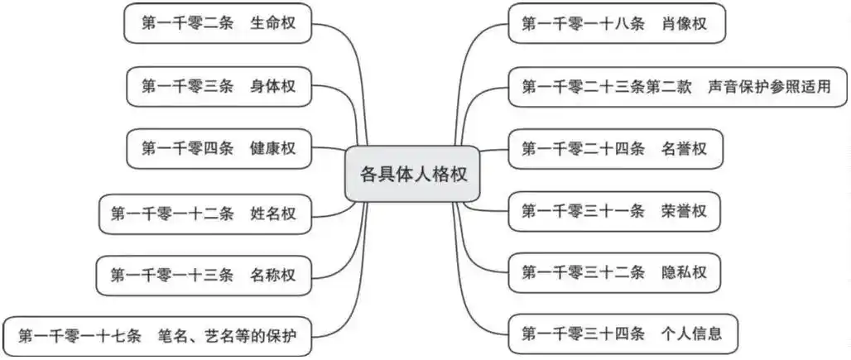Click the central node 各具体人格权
coord(411,175)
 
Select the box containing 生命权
coord(220,24)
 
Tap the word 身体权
coord(272,86)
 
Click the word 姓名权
coord(272,214)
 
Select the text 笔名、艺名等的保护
coord(236,337)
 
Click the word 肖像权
coord(684,24)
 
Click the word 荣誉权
coord(684,211)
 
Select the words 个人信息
coord(692,334)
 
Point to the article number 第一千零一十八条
coord(583,24)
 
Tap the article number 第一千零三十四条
coord(583,334)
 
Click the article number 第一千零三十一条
coord(583,211)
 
